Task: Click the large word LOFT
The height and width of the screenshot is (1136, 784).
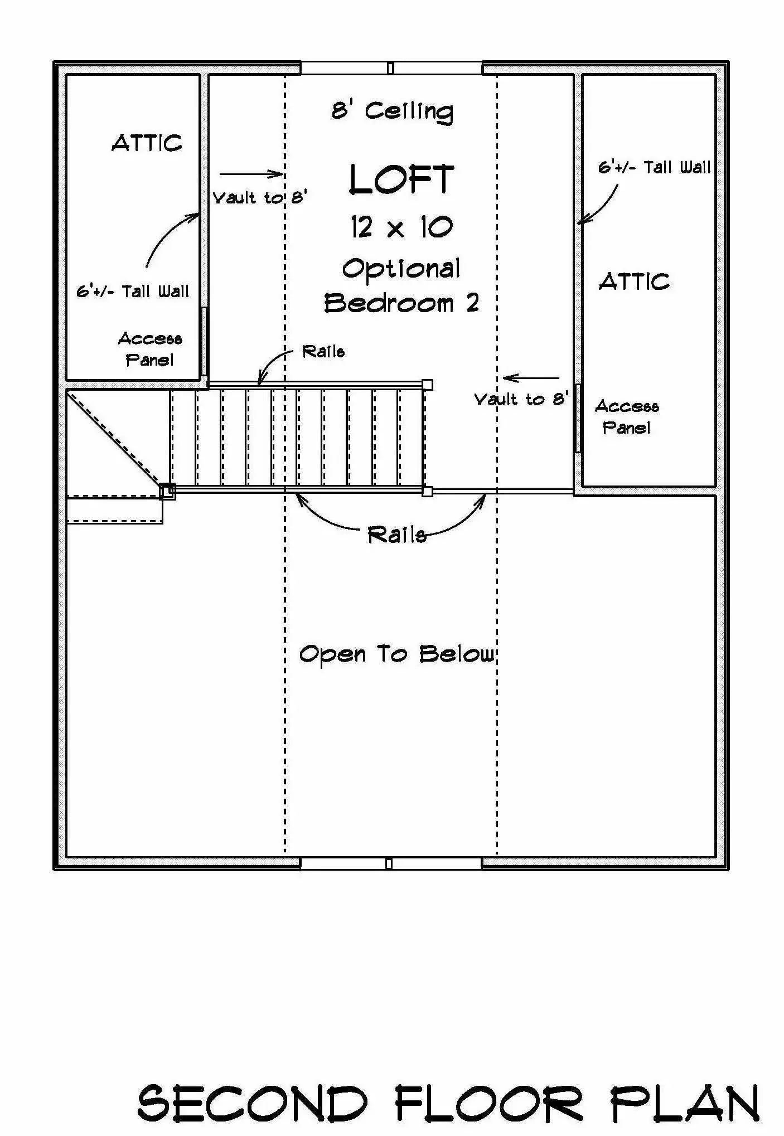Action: (401, 179)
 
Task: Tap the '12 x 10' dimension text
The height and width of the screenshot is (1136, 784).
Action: (401, 227)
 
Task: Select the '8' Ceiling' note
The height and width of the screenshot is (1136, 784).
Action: (393, 111)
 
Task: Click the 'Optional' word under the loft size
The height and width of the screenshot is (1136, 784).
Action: (401, 269)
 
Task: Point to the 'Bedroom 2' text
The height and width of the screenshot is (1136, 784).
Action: (401, 303)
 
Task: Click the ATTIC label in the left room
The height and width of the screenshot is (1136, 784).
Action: (147, 143)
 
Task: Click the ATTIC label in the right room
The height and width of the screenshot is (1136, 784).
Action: (634, 281)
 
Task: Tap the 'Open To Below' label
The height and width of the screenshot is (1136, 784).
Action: (397, 654)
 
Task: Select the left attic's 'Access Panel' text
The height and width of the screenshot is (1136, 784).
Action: (149, 349)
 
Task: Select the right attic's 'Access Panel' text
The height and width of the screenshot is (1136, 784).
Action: (627, 416)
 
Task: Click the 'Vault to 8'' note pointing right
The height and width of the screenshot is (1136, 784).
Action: (260, 197)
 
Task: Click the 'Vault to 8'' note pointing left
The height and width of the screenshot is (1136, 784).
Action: (521, 399)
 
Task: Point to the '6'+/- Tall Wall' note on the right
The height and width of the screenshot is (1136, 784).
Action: (655, 167)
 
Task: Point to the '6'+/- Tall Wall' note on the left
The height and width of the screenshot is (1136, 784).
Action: (133, 291)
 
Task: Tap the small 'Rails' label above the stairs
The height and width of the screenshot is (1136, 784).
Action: (323, 351)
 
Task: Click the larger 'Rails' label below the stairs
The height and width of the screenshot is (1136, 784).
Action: (397, 535)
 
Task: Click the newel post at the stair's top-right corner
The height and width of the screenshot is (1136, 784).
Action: (428, 385)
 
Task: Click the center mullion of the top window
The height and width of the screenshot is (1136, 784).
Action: (390, 68)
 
